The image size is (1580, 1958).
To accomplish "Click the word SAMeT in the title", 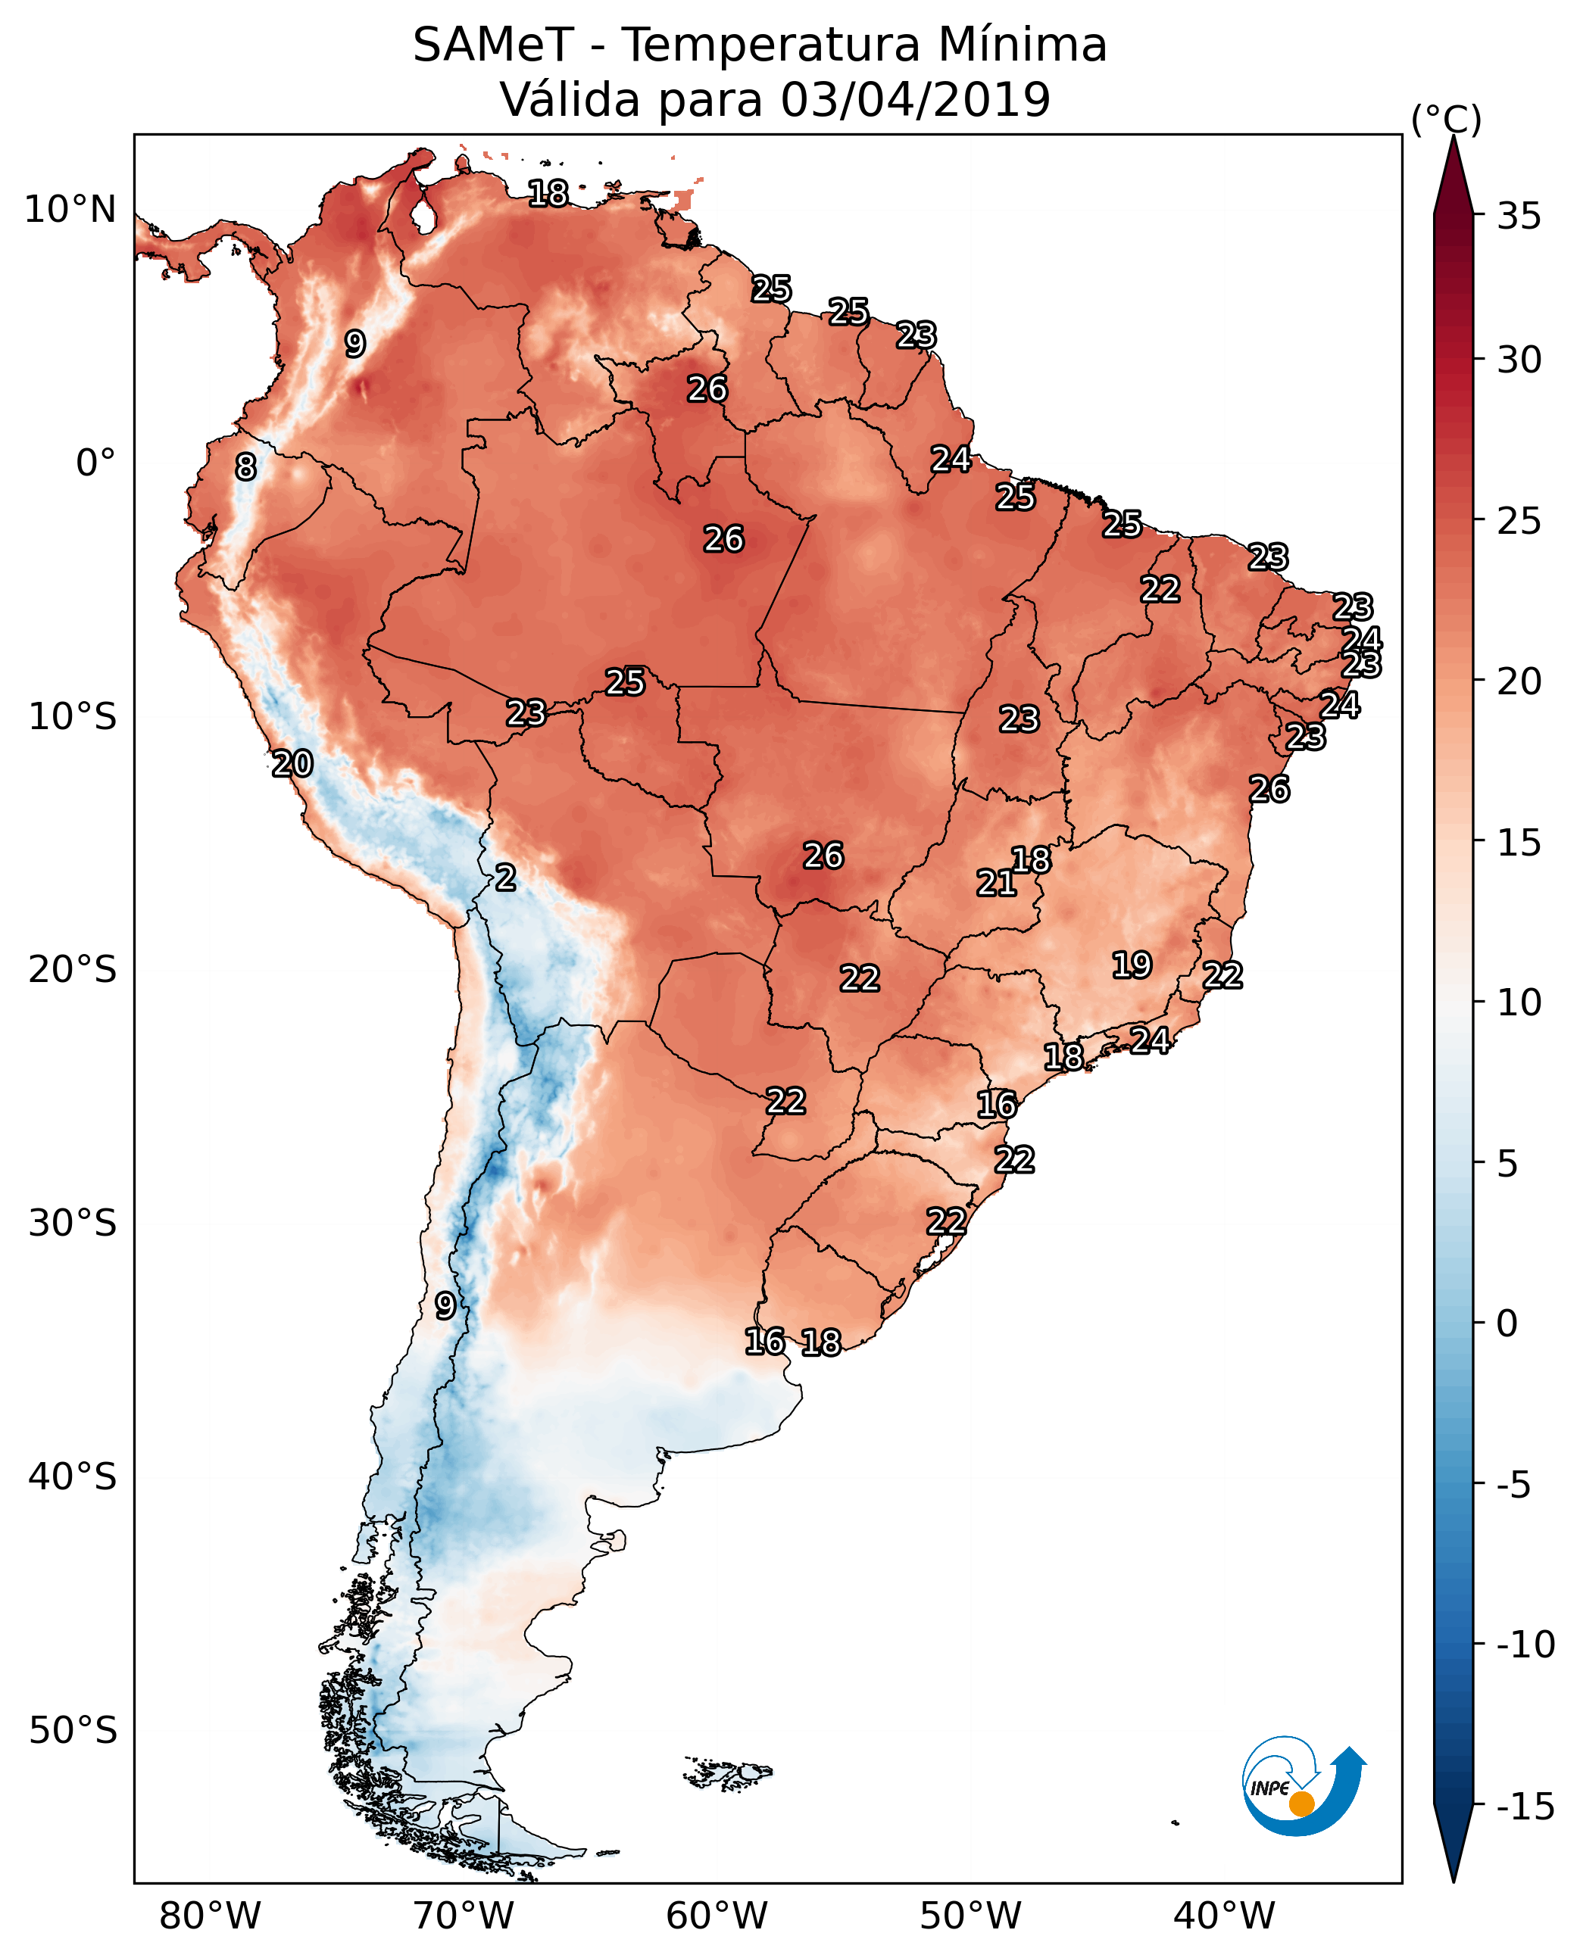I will pos(493,45).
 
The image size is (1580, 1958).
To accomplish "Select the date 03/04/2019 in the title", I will pos(915,100).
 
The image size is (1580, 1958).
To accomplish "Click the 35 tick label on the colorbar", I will pos(1519,217).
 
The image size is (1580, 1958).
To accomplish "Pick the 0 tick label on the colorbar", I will pos(1507,1324).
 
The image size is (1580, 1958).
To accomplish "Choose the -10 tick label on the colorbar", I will pos(1525,1644).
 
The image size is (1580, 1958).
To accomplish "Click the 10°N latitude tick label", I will pos(70,210).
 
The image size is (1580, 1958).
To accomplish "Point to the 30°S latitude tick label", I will pos(73,1224).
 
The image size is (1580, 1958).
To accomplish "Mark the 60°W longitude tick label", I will pos(717,1916).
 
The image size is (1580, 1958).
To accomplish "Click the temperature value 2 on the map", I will pos(505,878).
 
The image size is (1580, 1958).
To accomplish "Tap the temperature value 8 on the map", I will pos(245,468).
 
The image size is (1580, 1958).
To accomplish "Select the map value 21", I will pos(996,883).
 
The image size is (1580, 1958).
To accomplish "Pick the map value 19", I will pos(1132,965).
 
